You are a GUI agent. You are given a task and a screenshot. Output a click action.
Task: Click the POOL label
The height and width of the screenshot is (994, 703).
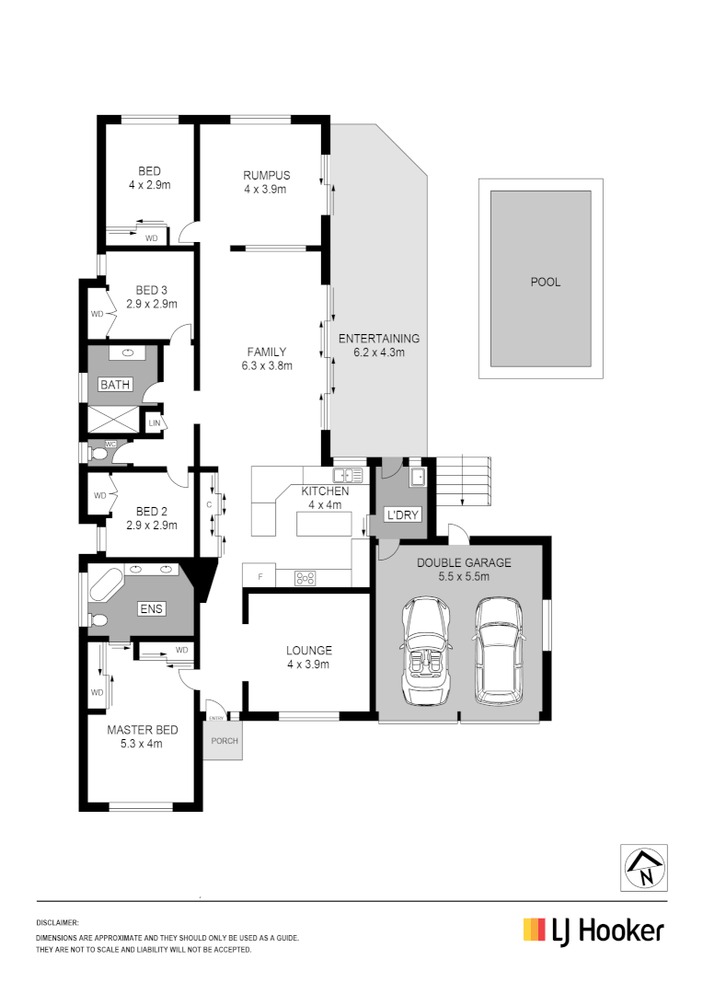click(545, 283)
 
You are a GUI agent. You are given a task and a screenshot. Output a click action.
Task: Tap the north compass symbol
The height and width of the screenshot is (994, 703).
click(644, 866)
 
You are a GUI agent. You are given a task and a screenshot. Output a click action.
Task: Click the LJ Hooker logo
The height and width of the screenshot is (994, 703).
click(594, 930)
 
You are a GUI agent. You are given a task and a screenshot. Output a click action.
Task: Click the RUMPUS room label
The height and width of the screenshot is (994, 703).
click(266, 176)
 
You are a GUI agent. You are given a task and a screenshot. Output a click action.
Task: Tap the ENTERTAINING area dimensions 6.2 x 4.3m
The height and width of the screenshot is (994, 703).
click(379, 352)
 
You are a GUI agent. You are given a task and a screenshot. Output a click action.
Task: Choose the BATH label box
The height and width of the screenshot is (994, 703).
click(115, 385)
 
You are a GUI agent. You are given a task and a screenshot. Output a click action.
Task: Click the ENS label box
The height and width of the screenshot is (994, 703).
click(150, 609)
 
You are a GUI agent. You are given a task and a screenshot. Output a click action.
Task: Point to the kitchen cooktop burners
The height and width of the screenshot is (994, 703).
click(305, 578)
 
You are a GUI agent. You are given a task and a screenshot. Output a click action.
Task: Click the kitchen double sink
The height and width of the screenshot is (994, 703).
click(349, 475)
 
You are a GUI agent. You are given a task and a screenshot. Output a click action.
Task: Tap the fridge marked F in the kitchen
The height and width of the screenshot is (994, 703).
click(260, 577)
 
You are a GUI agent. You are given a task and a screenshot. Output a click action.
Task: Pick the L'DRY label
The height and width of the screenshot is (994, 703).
click(402, 514)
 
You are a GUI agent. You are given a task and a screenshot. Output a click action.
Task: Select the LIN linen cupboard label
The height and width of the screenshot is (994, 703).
click(153, 422)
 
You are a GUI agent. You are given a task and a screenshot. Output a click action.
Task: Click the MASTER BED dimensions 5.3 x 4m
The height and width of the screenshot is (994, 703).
click(142, 744)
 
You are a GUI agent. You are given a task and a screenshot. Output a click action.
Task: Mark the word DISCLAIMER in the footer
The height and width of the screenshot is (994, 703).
click(58, 921)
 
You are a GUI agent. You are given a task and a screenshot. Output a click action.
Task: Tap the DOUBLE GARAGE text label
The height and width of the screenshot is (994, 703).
click(464, 562)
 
